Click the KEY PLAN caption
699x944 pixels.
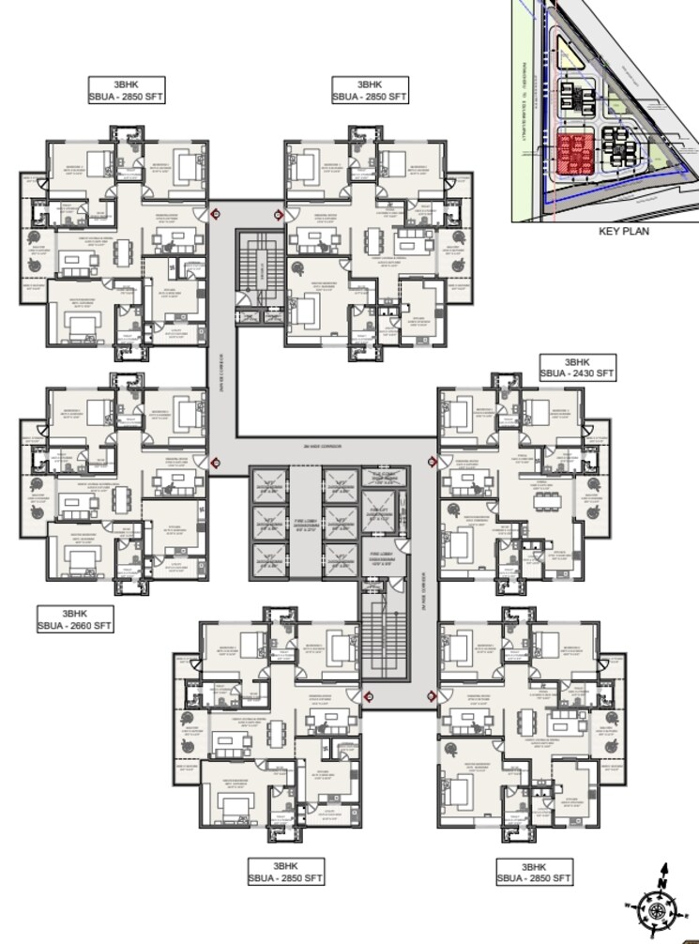pyautogui.click(x=624, y=231)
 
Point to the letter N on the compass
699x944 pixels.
pyautogui.click(x=663, y=884)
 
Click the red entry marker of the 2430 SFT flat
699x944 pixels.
pyautogui.click(x=433, y=461)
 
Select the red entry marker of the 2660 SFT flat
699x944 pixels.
pyautogui.click(x=215, y=461)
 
